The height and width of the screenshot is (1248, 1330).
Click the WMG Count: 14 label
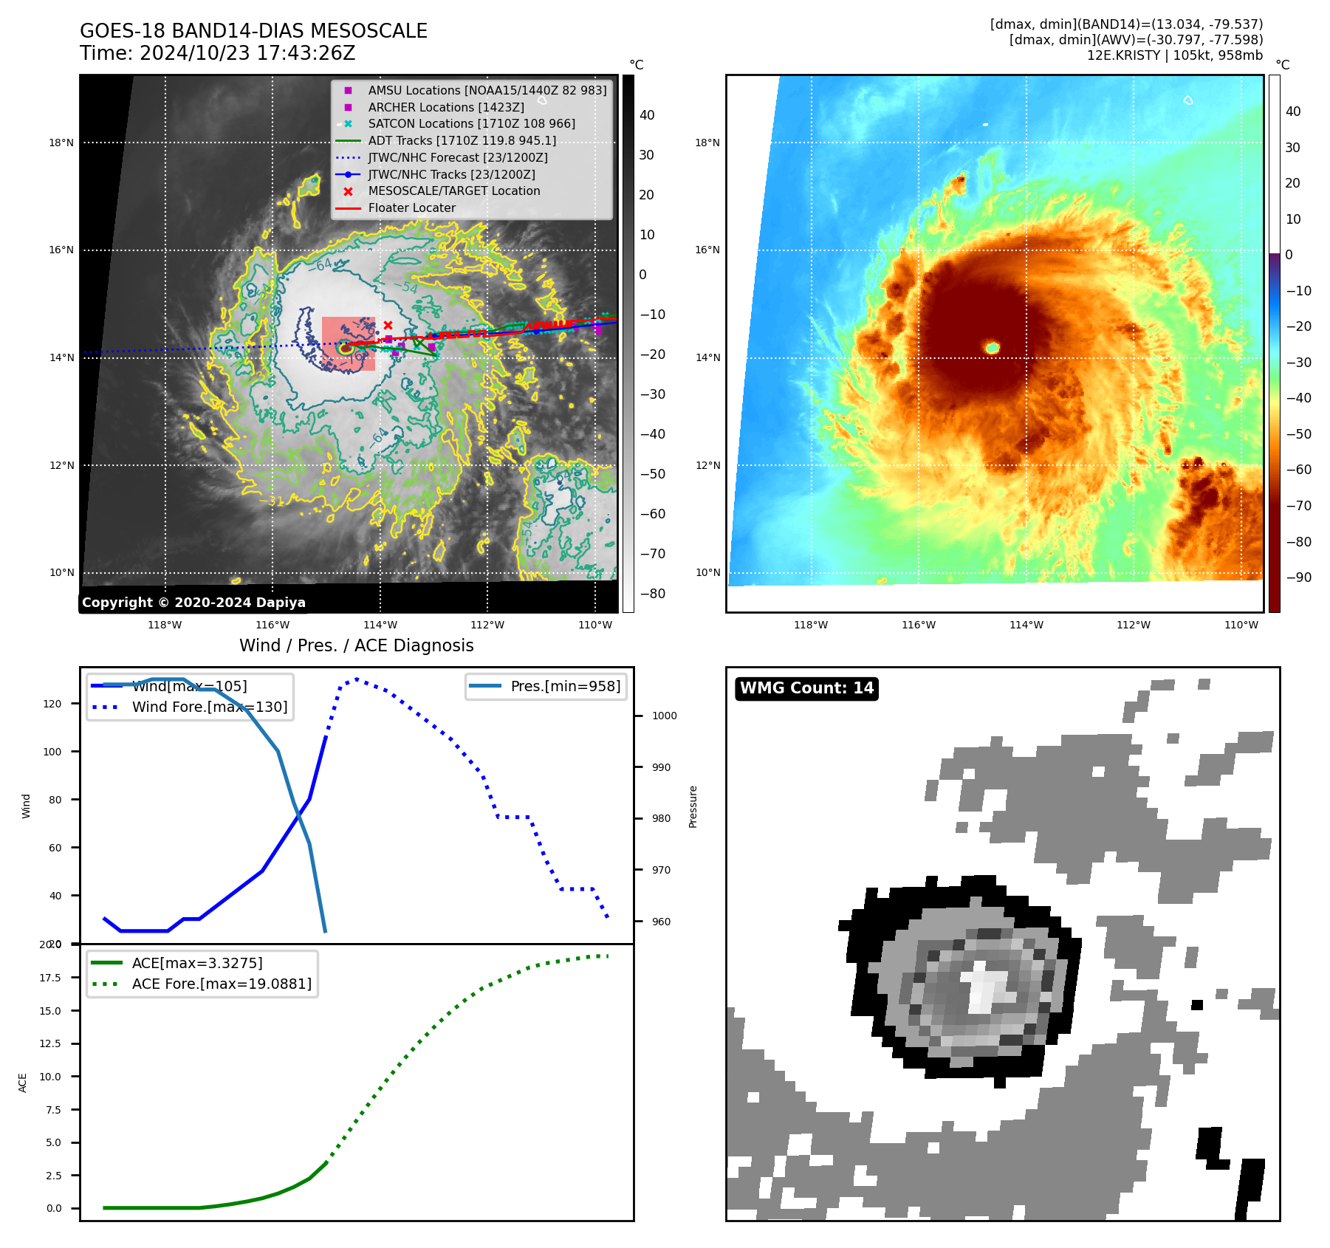pos(806,688)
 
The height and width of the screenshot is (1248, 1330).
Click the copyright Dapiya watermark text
pos(193,603)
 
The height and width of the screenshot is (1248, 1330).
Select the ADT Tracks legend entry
pos(462,140)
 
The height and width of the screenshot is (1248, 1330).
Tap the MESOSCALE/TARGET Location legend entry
pos(453,191)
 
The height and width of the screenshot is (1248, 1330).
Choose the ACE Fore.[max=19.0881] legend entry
pos(222,984)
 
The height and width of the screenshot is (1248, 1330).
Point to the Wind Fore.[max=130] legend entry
pos(209,707)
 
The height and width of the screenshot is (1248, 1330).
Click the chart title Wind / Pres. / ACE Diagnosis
pos(356,645)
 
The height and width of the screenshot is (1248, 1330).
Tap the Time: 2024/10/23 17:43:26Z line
pos(218,53)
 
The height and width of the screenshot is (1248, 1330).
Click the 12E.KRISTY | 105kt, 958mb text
pos(1174,55)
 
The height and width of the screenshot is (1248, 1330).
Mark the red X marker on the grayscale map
pos(388,325)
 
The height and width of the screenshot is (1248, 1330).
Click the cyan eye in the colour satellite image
pos(993,347)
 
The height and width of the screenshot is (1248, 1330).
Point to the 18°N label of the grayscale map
pos(61,143)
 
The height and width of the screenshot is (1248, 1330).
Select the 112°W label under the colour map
pos(1133,625)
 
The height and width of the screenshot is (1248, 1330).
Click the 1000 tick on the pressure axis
pos(664,716)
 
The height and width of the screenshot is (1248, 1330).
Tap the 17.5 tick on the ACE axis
pos(50,978)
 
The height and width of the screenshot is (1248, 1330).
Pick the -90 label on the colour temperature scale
pos(1298,577)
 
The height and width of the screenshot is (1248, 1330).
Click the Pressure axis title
pos(693,806)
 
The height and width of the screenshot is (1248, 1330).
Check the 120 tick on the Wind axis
pos(52,704)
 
